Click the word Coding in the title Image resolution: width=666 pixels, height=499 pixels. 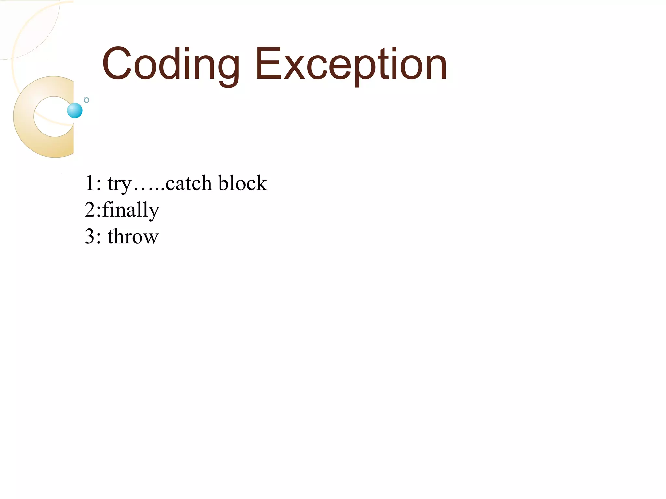tap(170, 64)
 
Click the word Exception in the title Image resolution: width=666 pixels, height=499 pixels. tap(351, 64)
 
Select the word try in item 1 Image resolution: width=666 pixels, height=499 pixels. tap(119, 184)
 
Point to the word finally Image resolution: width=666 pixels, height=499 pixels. tap(131, 210)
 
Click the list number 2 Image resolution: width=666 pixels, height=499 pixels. tap(89, 210)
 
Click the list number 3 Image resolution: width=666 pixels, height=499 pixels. tap(89, 236)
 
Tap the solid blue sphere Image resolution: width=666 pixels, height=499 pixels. tap(75, 110)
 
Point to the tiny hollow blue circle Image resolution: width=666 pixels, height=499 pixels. tap(87, 100)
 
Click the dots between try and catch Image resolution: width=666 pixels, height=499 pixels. tap(148, 188)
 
